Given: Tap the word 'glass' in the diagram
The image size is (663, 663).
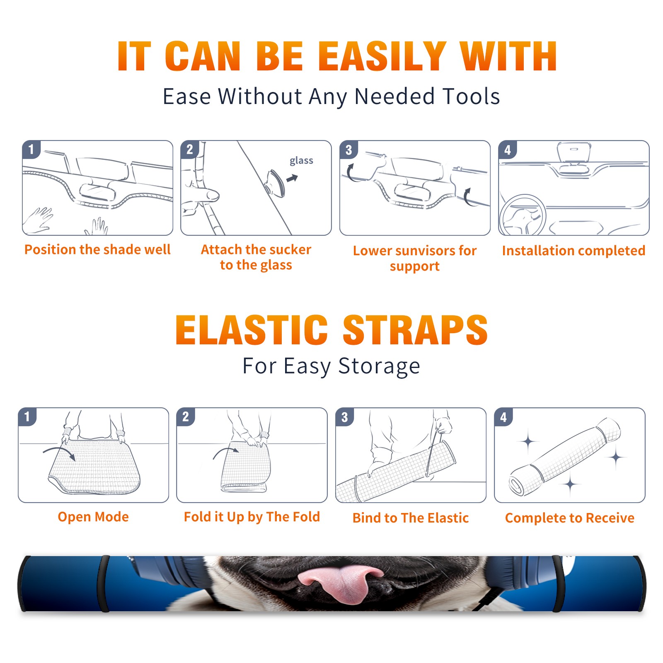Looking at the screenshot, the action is (x=301, y=160).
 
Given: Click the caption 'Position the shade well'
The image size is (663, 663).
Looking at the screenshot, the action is (x=97, y=249).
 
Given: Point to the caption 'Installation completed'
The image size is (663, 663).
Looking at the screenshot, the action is (x=573, y=250).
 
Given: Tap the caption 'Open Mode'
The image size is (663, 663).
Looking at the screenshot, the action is (x=93, y=517).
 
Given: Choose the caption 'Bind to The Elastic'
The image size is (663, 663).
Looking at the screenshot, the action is (x=411, y=518).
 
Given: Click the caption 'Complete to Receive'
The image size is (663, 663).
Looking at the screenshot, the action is (x=570, y=518).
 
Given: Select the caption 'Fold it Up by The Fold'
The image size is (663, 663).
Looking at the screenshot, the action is (x=252, y=517).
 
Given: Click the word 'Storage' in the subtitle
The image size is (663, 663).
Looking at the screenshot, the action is (x=379, y=366).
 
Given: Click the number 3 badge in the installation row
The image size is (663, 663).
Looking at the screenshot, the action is (x=348, y=150).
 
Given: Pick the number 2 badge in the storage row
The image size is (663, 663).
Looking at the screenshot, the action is (x=185, y=417).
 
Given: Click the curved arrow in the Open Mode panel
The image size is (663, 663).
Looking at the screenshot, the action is (x=59, y=452).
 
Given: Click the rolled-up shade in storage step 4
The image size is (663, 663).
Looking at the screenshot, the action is (x=564, y=457).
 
